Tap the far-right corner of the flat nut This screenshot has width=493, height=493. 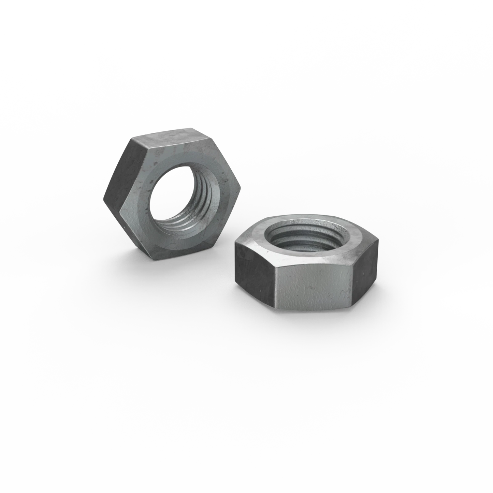pos(378,241)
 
